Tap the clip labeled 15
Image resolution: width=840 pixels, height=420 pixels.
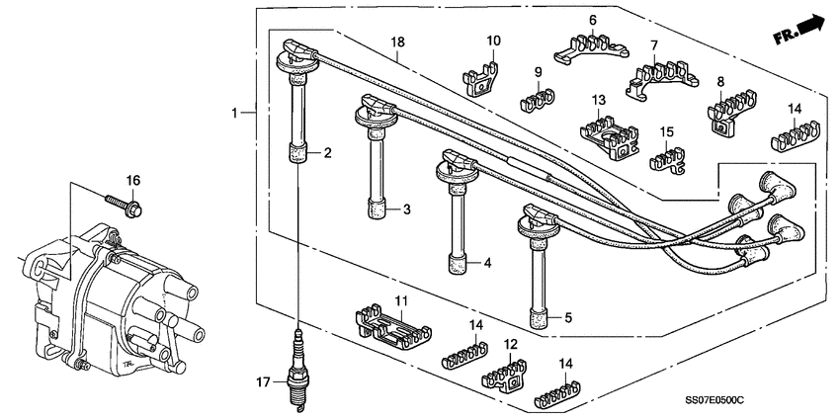pyautogui.click(x=668, y=158)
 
